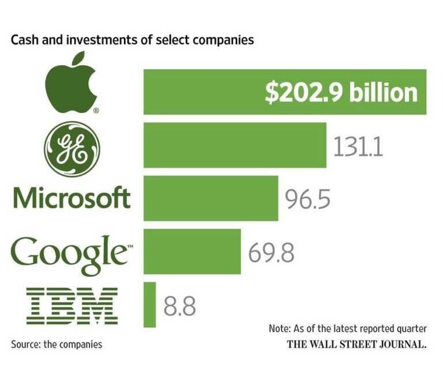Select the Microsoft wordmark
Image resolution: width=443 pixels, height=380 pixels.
72,197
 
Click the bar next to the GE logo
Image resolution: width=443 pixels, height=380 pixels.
234,145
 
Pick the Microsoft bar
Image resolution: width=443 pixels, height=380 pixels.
211,198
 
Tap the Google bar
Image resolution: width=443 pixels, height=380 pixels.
192,251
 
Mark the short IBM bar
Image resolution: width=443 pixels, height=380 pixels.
149,304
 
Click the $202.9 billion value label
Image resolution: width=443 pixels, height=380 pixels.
341,93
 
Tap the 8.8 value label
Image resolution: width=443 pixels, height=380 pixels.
179,306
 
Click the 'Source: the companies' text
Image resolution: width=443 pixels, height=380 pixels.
57,344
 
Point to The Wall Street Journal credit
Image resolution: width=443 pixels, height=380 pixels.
357,345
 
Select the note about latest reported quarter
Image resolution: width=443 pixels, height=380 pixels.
347,329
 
